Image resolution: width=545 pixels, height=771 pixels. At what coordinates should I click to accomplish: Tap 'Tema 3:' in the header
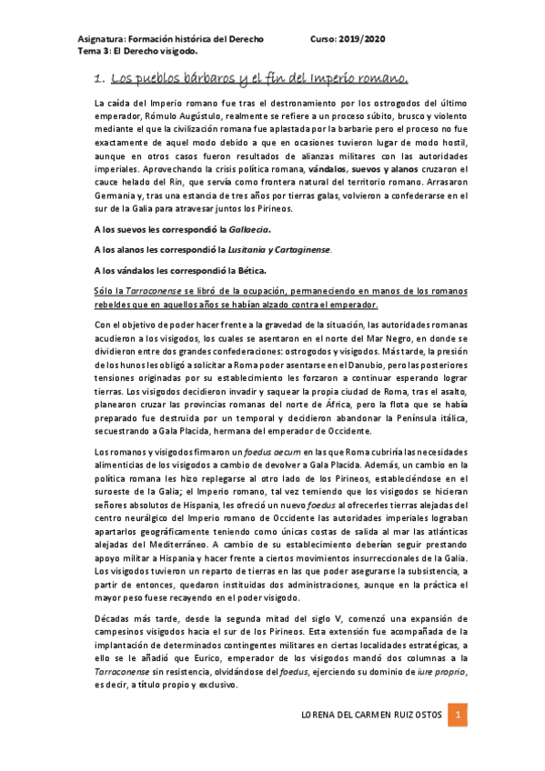click(95, 52)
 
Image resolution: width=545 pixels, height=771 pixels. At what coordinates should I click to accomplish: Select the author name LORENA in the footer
click(320, 716)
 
